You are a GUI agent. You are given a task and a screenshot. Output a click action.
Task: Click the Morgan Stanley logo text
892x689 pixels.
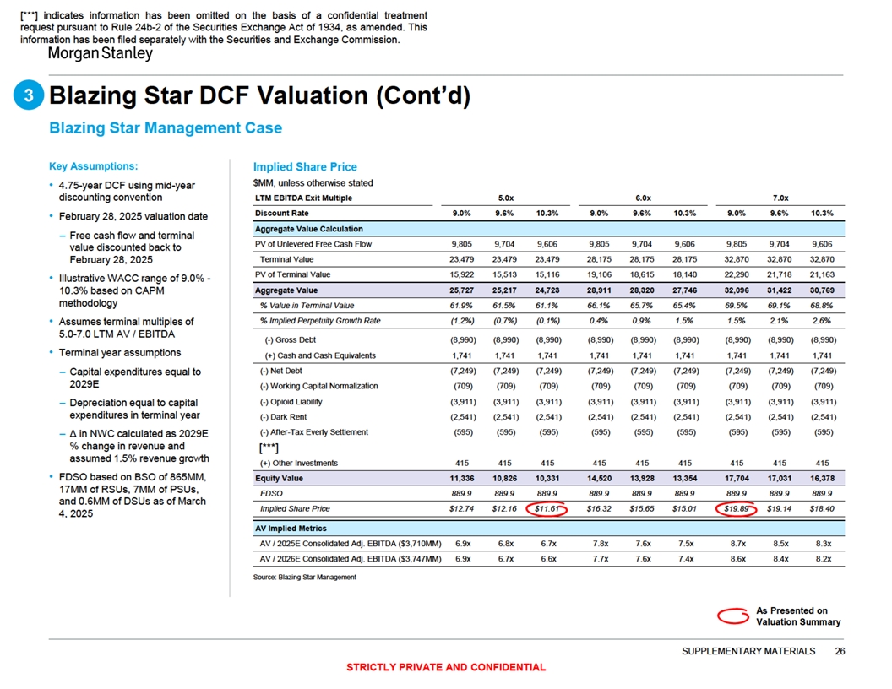point(99,53)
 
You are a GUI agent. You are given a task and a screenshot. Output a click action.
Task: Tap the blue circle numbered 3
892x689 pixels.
point(29,97)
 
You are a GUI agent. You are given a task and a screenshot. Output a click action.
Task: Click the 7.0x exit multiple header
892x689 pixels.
point(783,198)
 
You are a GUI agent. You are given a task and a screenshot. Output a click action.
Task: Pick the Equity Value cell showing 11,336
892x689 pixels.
point(463,478)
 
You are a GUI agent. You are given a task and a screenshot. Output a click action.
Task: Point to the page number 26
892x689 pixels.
point(839,651)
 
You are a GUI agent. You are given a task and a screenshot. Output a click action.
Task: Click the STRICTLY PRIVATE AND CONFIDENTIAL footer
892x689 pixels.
point(446,667)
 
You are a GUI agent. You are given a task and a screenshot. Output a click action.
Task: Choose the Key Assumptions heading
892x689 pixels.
point(94,165)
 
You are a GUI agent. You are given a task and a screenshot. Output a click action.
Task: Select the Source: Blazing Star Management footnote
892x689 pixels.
point(304,577)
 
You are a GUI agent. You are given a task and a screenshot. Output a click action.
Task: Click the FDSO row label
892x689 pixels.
point(272,493)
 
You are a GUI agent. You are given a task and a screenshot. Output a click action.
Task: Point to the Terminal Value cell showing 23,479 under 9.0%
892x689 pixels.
point(463,259)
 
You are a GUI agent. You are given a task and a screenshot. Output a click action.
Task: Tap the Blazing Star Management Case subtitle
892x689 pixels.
point(166,127)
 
